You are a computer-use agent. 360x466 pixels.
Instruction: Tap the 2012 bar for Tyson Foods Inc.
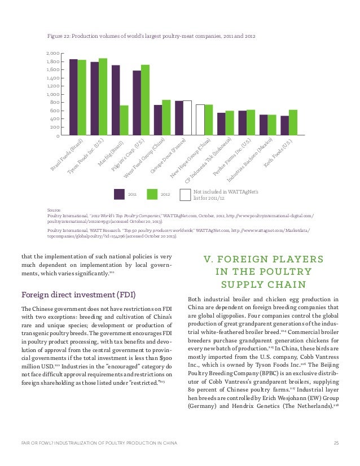[x=103, y=96]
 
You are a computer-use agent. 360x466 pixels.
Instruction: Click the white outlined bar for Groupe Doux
[x=187, y=118]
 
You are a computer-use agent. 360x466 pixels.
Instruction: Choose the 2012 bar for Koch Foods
[x=293, y=122]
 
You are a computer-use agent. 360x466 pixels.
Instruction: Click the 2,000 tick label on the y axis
[x=52, y=53]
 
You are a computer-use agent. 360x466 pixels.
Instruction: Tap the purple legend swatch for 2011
[x=119, y=194]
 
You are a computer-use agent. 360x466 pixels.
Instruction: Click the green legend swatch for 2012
[x=152, y=194]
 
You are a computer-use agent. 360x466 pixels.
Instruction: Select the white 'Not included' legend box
[x=185, y=194]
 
